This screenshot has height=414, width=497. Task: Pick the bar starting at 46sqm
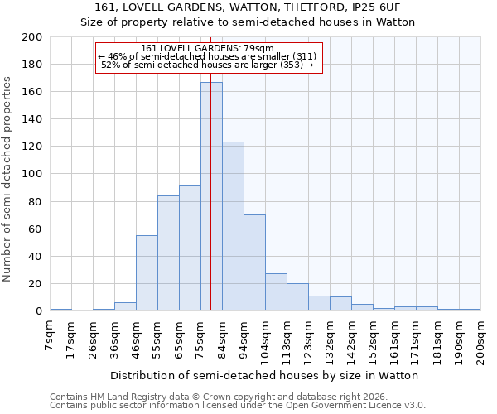[x=147, y=273]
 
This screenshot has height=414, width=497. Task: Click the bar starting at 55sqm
[x=168, y=253]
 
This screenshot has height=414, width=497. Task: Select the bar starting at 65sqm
[x=190, y=248]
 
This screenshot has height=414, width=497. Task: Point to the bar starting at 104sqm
[x=276, y=292]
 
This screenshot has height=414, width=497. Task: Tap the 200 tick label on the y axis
[x=32, y=37]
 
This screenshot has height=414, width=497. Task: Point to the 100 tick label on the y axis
[x=32, y=174]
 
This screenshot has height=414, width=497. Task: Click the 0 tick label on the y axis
[x=39, y=311]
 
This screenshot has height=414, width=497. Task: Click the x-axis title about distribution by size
[x=264, y=375]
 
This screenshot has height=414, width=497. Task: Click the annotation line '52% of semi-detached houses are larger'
[x=207, y=65]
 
